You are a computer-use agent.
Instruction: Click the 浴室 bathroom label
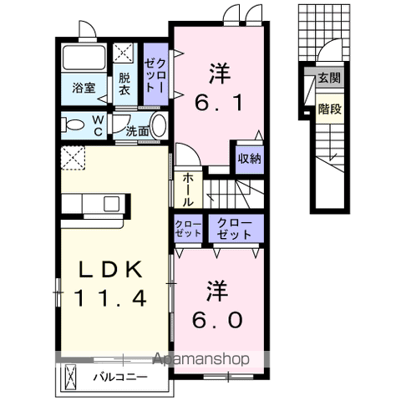pos(84,88)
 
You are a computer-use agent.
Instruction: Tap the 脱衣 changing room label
pos(124,84)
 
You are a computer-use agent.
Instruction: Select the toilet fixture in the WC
pos(74,126)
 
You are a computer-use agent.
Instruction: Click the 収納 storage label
pos(250,158)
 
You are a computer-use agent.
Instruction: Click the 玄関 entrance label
pos(328,79)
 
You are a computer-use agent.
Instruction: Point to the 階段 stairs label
pos(328,107)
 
